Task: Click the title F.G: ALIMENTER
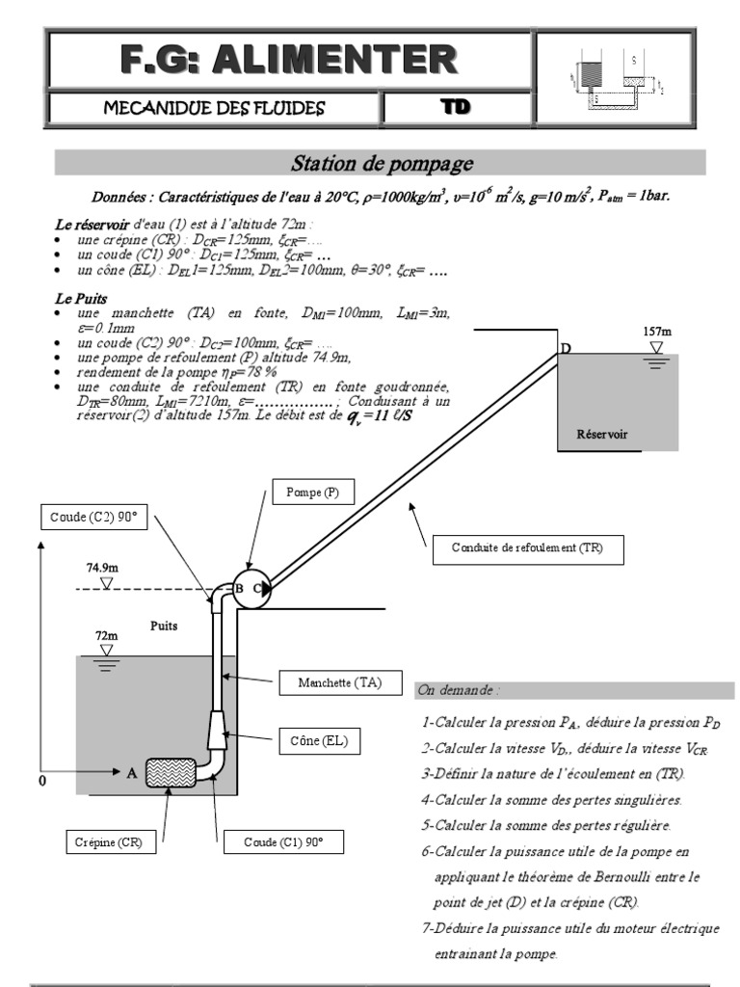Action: pos(289,60)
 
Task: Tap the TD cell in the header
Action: pos(456,107)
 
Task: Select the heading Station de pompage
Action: pos(382,163)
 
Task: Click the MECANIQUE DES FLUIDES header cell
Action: pos(214,107)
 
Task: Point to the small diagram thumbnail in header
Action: pos(613,77)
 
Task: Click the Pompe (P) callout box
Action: pos(313,493)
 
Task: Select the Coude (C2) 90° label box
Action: pos(93,517)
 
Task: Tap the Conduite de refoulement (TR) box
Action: pos(526,549)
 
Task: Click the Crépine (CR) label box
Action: pos(109,842)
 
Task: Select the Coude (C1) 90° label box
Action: pos(283,842)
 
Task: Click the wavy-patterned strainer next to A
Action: pos(171,772)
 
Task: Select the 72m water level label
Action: pos(106,636)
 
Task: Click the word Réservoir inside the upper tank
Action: pos(601,435)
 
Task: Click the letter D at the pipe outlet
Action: pos(567,348)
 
